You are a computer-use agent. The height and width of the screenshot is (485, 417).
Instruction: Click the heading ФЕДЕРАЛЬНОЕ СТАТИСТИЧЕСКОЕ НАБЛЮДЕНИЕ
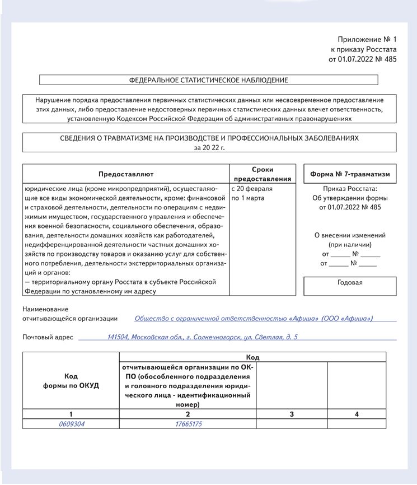tap(209, 80)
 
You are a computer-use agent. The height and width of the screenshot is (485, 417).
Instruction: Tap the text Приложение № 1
tap(367, 39)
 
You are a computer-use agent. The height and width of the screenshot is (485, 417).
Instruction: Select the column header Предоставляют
tap(126, 174)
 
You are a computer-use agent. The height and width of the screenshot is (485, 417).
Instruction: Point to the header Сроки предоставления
tap(263, 174)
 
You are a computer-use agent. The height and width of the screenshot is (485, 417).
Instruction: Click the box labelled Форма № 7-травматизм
tap(350, 174)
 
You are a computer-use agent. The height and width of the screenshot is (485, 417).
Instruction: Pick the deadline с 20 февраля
tap(252, 189)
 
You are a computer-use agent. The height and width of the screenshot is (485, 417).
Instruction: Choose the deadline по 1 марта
tap(248, 198)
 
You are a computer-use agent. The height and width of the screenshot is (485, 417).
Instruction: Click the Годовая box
tap(350, 282)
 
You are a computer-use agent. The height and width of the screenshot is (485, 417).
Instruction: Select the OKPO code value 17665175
tap(188, 424)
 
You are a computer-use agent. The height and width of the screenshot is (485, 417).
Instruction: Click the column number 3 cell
tap(292, 414)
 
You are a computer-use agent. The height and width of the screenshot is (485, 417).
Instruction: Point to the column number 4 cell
tap(357, 414)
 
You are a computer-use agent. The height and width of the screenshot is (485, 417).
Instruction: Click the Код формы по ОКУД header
tap(71, 381)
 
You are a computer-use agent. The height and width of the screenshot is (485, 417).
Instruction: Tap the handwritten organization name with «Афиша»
tap(254, 318)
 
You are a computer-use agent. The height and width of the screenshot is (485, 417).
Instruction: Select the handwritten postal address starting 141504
tap(203, 337)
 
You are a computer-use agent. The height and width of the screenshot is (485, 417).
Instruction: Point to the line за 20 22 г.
tap(209, 147)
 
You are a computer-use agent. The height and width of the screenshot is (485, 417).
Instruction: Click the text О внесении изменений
tap(350, 235)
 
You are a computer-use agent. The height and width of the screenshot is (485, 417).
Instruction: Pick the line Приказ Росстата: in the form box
tap(350, 189)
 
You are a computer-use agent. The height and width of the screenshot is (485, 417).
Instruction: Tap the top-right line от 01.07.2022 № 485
tap(362, 59)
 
